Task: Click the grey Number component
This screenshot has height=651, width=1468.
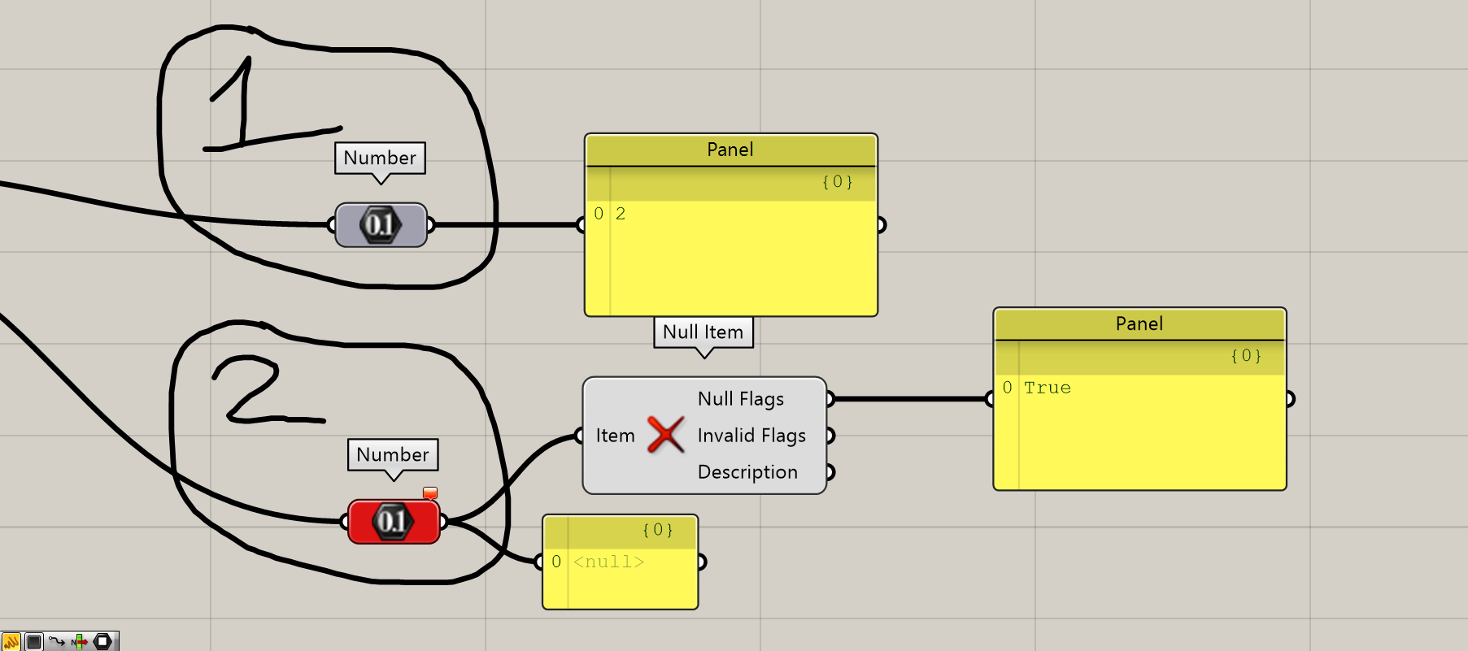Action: (x=381, y=224)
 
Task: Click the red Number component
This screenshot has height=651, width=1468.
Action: (x=394, y=521)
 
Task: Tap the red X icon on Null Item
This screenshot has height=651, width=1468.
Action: (x=665, y=435)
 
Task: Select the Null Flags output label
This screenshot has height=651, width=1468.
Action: (x=740, y=399)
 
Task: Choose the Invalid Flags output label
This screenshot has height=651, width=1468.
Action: (x=751, y=436)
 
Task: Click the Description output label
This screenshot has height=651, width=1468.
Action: (x=747, y=472)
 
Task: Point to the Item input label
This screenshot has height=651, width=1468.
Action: (x=615, y=436)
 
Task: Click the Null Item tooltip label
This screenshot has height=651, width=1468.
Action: (x=703, y=332)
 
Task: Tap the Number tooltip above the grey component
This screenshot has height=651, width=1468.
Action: (x=380, y=158)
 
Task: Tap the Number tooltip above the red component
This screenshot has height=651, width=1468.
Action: (x=393, y=454)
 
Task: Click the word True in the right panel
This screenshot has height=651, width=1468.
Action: (x=1047, y=388)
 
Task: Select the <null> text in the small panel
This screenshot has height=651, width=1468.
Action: (x=608, y=562)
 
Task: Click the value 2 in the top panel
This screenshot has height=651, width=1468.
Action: (x=621, y=214)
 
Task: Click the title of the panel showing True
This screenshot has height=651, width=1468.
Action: (x=1139, y=323)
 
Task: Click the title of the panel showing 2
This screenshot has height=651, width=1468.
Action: (x=730, y=150)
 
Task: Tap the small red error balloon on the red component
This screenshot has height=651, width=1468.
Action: (x=430, y=493)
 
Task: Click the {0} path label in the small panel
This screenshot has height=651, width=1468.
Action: (x=657, y=530)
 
